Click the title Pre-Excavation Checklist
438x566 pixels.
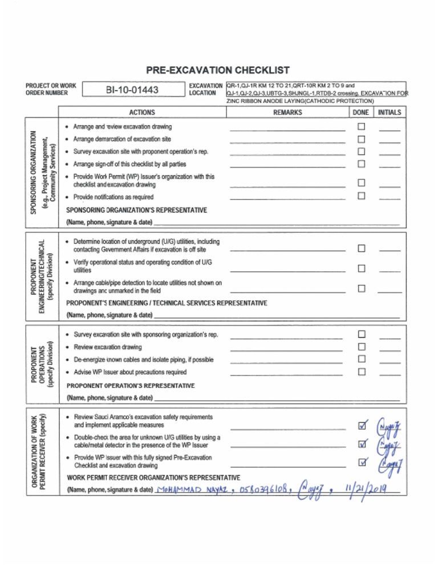[218, 71]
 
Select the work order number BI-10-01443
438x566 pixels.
[132, 90]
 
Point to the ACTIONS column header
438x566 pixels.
[142, 113]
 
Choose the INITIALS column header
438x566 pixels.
[390, 113]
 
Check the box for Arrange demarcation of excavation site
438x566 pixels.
[360, 139]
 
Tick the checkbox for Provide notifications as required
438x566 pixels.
[360, 197]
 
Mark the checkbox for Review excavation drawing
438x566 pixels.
[360, 347]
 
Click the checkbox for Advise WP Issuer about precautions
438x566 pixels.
[360, 372]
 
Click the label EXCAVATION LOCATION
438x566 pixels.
[205, 89]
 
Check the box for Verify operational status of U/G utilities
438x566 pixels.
[360, 268]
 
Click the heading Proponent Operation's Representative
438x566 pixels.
[131, 385]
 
